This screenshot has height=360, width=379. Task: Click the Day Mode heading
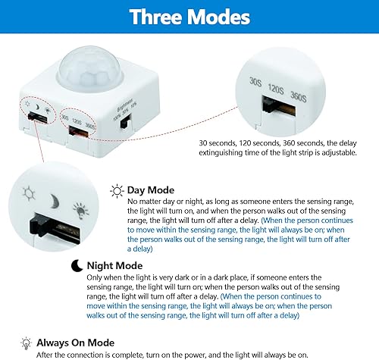(x=151, y=189)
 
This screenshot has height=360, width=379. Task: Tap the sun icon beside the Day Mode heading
(x=117, y=190)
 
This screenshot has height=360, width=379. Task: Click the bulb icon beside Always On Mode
(x=27, y=343)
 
